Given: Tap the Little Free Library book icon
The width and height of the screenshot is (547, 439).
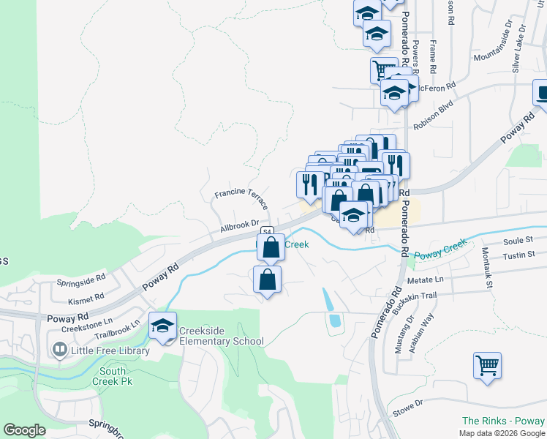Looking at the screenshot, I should (x=59, y=350).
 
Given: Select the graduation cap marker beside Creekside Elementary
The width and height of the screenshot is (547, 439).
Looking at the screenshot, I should (x=162, y=326).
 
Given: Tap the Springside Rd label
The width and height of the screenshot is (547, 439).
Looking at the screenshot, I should (x=82, y=279).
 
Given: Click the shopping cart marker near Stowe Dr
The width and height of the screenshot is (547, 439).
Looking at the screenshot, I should (x=487, y=365).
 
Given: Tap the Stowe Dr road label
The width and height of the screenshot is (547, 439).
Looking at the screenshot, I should (x=407, y=408).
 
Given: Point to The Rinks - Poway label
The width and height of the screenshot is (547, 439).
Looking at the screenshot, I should (x=503, y=421).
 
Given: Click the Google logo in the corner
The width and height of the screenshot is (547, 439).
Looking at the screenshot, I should (x=24, y=430).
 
